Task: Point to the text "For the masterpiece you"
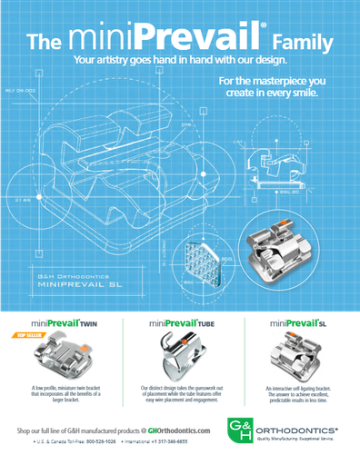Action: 273,81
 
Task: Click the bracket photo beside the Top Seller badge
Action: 64,358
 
